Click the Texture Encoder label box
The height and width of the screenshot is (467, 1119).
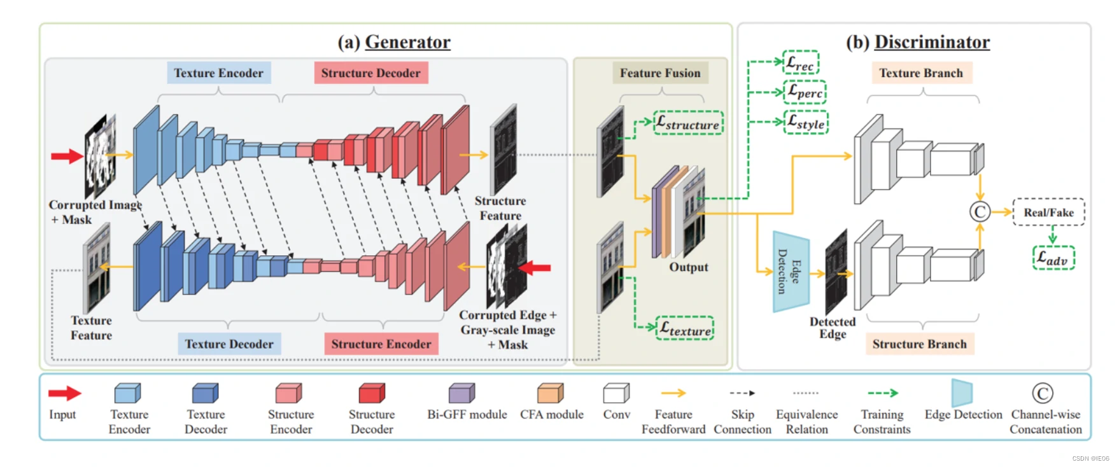point(219,73)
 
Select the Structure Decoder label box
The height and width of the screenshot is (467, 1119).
point(370,73)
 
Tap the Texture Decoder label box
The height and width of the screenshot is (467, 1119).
point(229,344)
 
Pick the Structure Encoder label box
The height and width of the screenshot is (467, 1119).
point(381,344)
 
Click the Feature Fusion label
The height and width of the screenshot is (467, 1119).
point(660,73)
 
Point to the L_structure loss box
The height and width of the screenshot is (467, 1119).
point(688,123)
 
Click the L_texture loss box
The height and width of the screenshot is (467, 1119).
point(685,328)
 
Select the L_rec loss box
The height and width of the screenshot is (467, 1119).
point(800,63)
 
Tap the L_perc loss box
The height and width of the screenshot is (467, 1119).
point(805,92)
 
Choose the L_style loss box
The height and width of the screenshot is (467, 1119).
point(806,122)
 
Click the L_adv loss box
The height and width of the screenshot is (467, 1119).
point(1053,258)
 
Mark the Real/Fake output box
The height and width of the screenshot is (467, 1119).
point(1048,213)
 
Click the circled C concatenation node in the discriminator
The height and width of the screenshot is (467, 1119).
point(980,212)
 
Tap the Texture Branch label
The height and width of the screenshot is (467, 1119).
point(921,73)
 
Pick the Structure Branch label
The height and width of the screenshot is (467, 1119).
point(919,344)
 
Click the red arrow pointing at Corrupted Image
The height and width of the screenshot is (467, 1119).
point(67,156)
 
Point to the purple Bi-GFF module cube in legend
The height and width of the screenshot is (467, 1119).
point(461,393)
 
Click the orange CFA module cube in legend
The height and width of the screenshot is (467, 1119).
point(550,393)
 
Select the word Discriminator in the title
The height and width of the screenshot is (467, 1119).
point(932,42)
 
